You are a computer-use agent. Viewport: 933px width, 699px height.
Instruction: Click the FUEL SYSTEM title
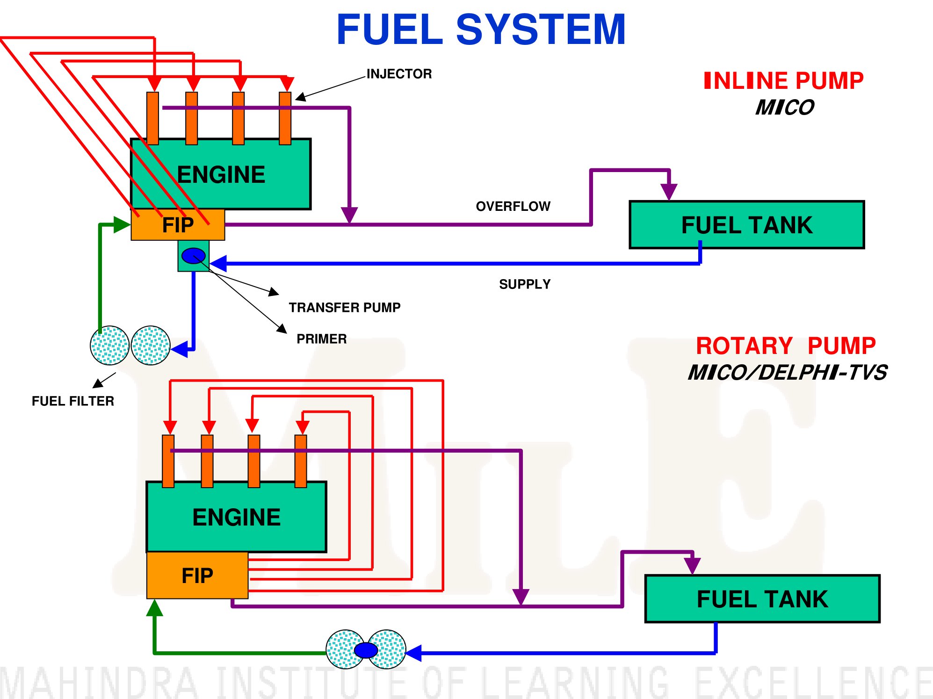tap(481, 29)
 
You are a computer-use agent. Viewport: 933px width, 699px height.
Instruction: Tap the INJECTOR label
tap(399, 74)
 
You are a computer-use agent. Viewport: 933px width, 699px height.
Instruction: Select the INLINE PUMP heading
tap(783, 80)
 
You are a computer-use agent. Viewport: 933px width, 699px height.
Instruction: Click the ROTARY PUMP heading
tap(786, 346)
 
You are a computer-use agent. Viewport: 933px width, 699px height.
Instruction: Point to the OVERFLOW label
tap(513, 206)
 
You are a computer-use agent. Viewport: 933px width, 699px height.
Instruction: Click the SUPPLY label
tap(525, 284)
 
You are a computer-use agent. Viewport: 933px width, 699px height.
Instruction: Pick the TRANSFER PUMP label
tap(345, 308)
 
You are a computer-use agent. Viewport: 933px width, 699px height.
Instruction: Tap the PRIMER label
tap(322, 339)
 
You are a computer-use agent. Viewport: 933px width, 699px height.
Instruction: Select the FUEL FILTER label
tap(73, 401)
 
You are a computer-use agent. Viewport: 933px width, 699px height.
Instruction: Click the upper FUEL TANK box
tap(747, 225)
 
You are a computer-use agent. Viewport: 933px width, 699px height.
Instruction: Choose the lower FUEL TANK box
tap(762, 599)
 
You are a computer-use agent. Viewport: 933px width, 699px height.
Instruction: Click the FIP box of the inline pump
tap(178, 225)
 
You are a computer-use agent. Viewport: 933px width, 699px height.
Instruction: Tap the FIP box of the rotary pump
tap(197, 576)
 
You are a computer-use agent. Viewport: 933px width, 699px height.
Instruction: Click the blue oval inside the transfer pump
tap(194, 256)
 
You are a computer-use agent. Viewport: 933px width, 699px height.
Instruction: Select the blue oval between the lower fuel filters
tap(366, 650)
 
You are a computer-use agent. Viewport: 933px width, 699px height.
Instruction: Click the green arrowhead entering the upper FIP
tap(122, 224)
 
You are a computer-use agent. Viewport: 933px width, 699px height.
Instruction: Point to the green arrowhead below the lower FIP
tap(154, 607)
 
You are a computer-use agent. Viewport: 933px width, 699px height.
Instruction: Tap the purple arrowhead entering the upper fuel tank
tap(669, 192)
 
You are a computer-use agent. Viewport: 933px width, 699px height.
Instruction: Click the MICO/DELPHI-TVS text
tap(788, 373)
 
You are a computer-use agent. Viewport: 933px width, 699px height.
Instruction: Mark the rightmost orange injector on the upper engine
tap(285, 118)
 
